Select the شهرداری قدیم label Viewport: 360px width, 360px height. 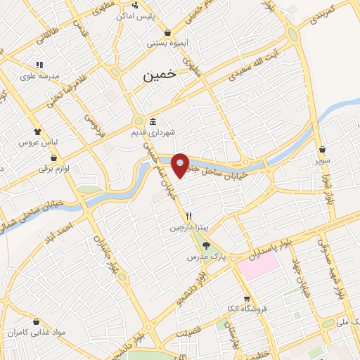pos(156,131)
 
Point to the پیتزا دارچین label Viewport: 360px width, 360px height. pos(188,228)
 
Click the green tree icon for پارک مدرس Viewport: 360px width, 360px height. pos(206,246)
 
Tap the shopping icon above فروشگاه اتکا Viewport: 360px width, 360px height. pos(246,298)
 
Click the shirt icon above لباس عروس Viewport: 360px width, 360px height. pos(37,131)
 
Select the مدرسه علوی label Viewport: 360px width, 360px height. pos(37,76)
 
